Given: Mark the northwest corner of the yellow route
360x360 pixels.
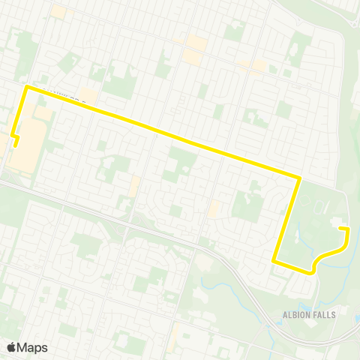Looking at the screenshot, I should [x=28, y=88].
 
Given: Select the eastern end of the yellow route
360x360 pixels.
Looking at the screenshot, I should [x=341, y=227].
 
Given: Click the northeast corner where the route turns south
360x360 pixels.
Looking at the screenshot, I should [x=299, y=178].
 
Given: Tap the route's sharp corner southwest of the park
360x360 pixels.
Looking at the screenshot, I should [x=274, y=261].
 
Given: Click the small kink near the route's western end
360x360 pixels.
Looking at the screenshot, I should [x=13, y=136].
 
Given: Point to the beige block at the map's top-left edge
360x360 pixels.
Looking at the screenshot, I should [x=58, y=12].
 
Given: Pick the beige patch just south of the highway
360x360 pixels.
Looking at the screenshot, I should [x=202, y=263].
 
